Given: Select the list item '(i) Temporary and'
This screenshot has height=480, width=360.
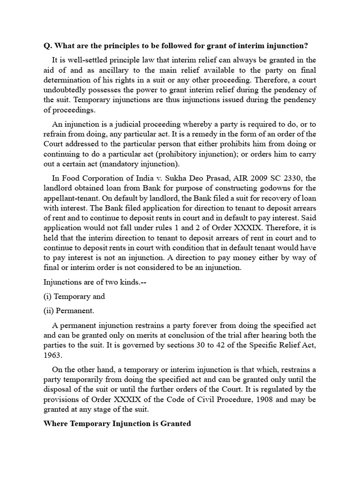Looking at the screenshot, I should click(x=74, y=296).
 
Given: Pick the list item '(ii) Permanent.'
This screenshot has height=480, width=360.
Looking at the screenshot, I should click(x=69, y=310).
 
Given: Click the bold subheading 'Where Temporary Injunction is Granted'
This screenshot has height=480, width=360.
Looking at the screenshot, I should click(x=117, y=423).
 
